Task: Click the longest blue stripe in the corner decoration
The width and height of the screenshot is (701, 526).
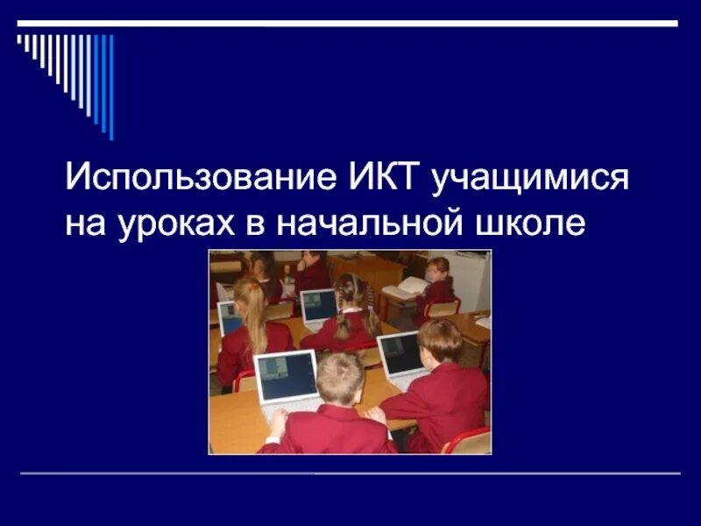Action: [110, 88]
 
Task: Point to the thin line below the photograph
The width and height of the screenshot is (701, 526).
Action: [350, 473]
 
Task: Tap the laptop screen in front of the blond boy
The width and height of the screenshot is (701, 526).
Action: [286, 376]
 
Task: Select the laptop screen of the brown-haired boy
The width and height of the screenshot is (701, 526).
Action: [400, 352]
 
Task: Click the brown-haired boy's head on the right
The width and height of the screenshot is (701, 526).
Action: [439, 339]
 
